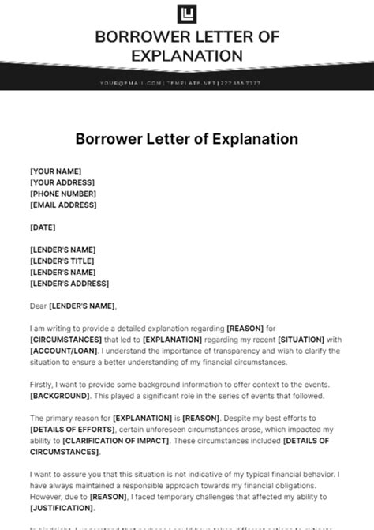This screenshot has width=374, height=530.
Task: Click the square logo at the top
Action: point(186,13)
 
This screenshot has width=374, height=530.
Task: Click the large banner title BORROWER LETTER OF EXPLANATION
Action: point(186,46)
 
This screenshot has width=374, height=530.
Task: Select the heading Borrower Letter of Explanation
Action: point(186,139)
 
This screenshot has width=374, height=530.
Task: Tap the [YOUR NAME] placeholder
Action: point(55,171)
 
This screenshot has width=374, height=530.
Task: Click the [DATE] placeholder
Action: point(44,227)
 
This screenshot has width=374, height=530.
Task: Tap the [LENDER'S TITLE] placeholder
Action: point(62,261)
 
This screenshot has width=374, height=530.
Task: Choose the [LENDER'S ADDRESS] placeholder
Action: point(69,283)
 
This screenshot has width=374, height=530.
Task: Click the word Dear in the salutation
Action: point(38,306)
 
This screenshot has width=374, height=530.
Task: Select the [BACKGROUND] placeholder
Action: point(60,395)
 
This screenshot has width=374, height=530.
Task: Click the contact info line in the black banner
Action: point(186,83)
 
